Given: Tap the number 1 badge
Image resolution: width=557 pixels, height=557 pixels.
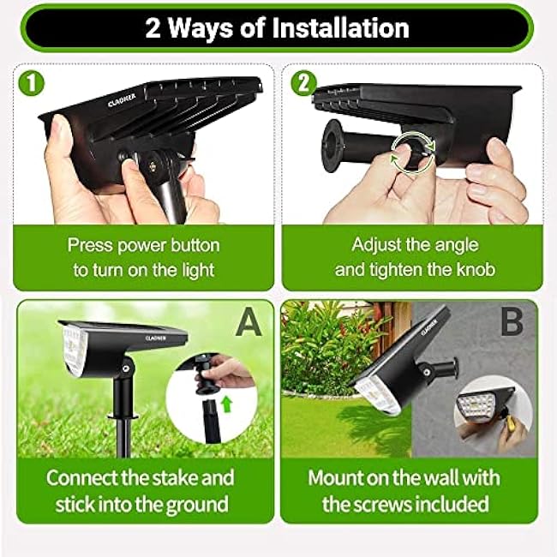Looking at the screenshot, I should (32, 84).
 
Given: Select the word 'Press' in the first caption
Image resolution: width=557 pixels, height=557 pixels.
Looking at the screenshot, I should (91, 245).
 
